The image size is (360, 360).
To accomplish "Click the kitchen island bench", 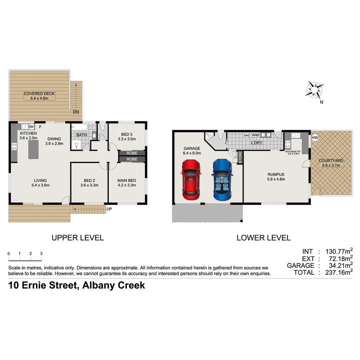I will click(33, 150).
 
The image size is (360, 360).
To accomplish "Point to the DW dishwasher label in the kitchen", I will click(31, 127).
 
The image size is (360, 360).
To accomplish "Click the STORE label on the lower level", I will click(240, 157).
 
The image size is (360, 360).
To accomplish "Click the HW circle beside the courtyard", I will click(315, 137).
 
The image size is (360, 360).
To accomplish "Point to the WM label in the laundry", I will click(255, 135).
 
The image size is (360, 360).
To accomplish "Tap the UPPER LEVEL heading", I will click(77, 238).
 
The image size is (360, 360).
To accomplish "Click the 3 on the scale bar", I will click(41, 254).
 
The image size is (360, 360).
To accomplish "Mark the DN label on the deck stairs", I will click(76, 112).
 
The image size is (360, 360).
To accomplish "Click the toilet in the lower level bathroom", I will click(220, 136).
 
